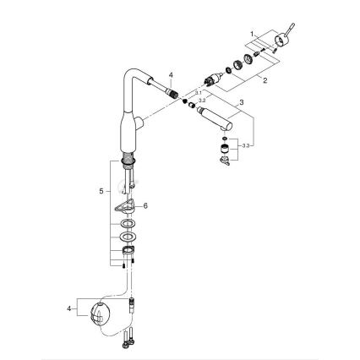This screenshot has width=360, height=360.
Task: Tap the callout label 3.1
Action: pyautogui.click(x=199, y=90)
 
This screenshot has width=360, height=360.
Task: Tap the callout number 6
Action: pyautogui.click(x=145, y=204)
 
